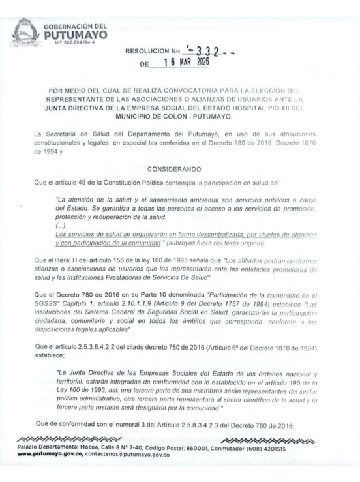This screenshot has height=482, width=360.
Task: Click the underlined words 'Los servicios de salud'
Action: pyautogui.click(x=89, y=233)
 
